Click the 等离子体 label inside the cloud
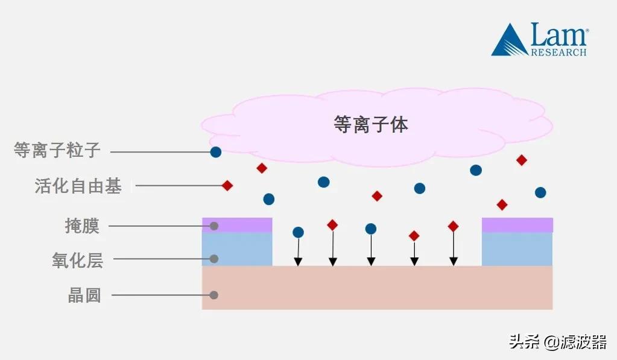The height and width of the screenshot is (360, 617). pos(370,124)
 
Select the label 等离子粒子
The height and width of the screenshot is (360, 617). pos(57,150)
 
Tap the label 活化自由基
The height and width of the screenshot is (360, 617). pos(78,186)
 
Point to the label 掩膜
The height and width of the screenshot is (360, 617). pos(82,226)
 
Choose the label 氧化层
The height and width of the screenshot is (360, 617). pos(77,261)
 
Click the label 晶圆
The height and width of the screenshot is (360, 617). pos(84,295)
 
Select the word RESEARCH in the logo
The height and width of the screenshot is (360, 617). pos(558,52)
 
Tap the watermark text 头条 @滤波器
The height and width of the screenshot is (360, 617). pos(557,342)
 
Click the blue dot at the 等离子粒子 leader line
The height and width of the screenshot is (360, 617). pos(215,152)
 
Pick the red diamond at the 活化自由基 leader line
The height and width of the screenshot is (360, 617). pos(227,186)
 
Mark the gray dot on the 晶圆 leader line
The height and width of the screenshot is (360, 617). pos(214,295)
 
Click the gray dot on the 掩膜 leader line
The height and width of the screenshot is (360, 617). pos(214,226)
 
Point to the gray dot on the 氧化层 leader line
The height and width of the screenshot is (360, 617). pos(214,259)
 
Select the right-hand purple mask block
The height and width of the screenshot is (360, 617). pos(517,225)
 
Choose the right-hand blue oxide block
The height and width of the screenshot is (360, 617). pos(517,249)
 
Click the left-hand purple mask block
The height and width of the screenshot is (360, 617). pos(237,225)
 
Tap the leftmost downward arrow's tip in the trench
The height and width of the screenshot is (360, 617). pos(298,262)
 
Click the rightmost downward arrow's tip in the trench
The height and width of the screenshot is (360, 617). pos(454,262)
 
